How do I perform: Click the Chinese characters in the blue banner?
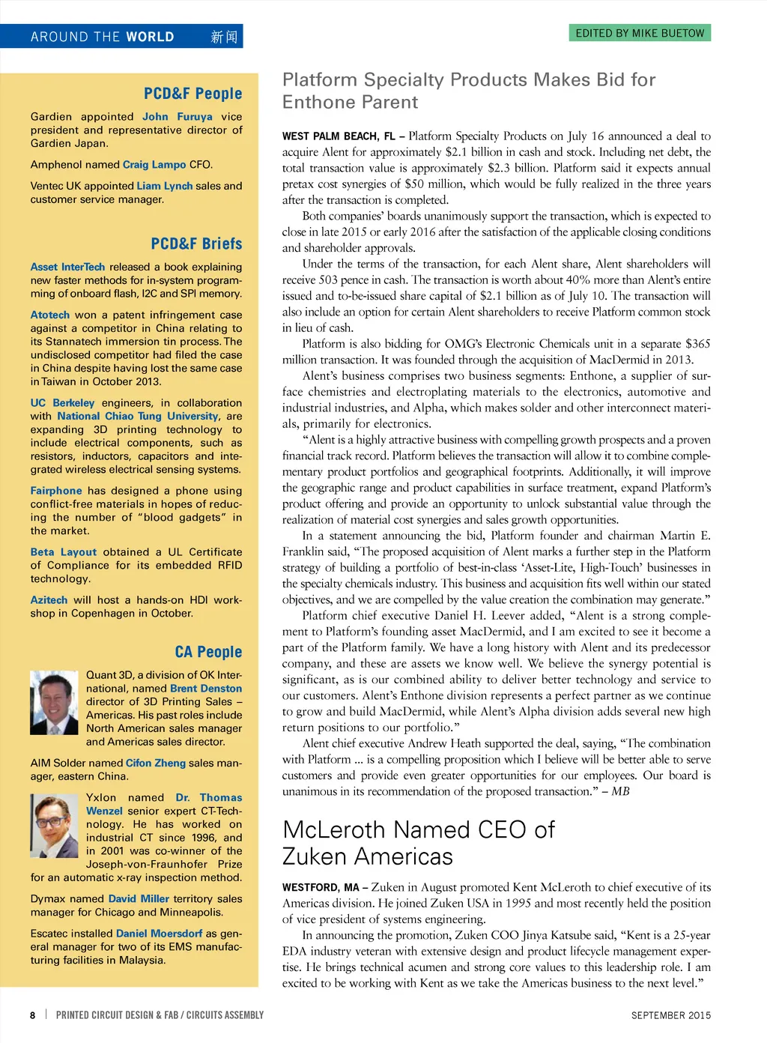(223, 37)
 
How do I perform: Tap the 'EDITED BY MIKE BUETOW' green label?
(640, 33)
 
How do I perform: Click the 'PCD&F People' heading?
(192, 94)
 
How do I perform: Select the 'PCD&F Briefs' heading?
(196, 244)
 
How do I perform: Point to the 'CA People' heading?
(208, 652)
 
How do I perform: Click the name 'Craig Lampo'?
(154, 165)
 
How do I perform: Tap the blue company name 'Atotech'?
(49, 315)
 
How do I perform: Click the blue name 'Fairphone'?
(56, 491)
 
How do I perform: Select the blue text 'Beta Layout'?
(64, 552)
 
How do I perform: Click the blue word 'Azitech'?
(49, 600)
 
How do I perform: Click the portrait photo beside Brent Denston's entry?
(54, 703)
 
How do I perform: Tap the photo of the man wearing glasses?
(54, 825)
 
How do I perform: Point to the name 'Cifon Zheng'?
(156, 763)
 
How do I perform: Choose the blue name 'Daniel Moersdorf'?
(159, 934)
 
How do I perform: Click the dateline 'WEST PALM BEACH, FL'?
(338, 136)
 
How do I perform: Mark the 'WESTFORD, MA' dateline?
(320, 888)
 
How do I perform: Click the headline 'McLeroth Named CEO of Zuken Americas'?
(418, 843)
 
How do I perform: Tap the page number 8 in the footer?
(32, 1015)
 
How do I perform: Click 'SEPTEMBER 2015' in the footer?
(670, 1015)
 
